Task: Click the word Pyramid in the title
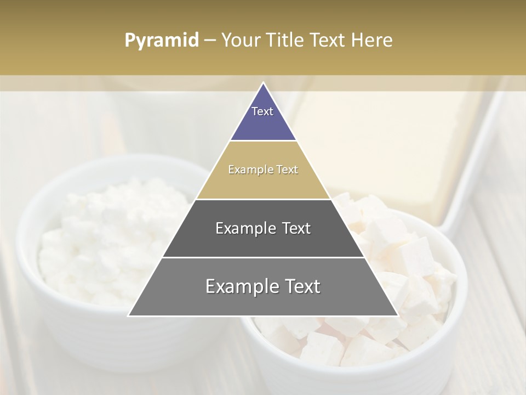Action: pos(162,41)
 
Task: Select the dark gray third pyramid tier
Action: pos(263,241)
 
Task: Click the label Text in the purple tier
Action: pos(262,111)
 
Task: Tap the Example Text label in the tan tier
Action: pos(263,170)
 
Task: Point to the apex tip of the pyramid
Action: pos(263,84)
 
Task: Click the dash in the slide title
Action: pos(210,41)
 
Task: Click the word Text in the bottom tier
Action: pos(299,286)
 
